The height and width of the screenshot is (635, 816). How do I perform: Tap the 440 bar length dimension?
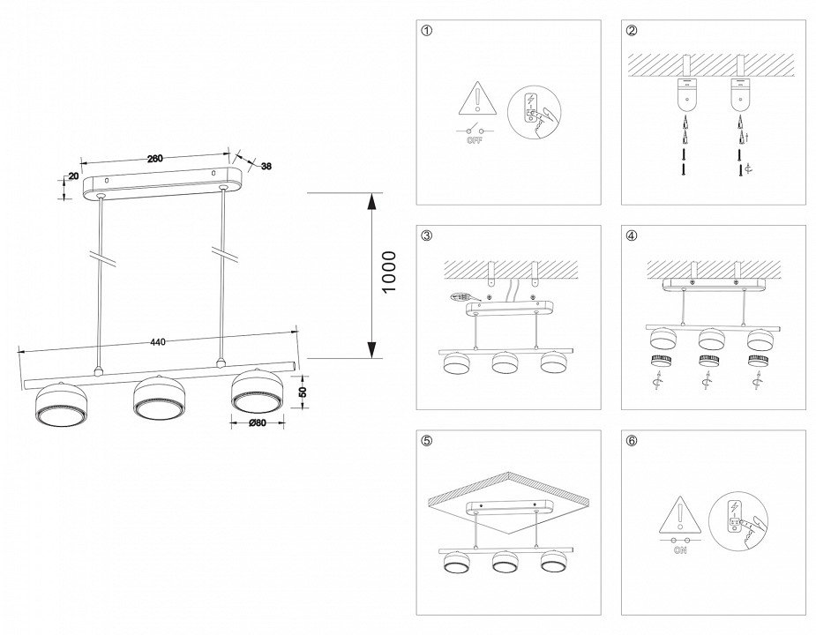tap(159, 342)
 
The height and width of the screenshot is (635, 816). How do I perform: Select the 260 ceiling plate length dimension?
tap(153, 159)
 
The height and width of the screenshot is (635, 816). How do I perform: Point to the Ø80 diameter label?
tap(257, 422)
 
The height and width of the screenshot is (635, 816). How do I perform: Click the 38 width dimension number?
tap(266, 165)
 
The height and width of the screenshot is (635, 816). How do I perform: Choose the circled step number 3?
tap(428, 235)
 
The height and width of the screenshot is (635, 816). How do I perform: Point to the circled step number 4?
tap(633, 235)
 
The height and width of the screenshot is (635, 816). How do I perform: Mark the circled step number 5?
tap(428, 441)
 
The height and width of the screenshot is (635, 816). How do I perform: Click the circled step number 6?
tap(633, 441)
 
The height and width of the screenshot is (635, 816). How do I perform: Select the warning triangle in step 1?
tap(475, 101)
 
